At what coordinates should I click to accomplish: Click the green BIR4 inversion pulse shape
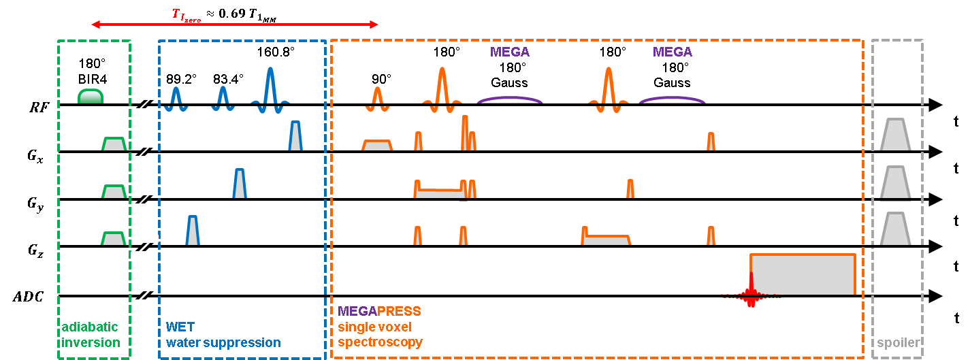coord(90,97)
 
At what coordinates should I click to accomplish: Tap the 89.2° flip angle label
coord(181,78)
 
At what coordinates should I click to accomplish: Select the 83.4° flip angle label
coord(228,78)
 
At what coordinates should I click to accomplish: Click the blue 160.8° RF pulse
coord(271,88)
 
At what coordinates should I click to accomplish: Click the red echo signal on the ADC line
coord(751,291)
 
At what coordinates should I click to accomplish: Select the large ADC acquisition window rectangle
coord(803,274)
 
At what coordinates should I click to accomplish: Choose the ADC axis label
coord(29,297)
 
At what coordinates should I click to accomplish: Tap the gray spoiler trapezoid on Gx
coord(894,135)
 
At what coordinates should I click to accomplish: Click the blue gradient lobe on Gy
coord(239,184)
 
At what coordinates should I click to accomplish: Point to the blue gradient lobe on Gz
coord(193,231)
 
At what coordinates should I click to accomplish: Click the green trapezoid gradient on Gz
coord(113,239)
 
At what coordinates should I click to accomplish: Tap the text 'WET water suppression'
coord(223,336)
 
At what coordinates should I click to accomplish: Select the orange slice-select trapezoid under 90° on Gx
coord(377,146)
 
